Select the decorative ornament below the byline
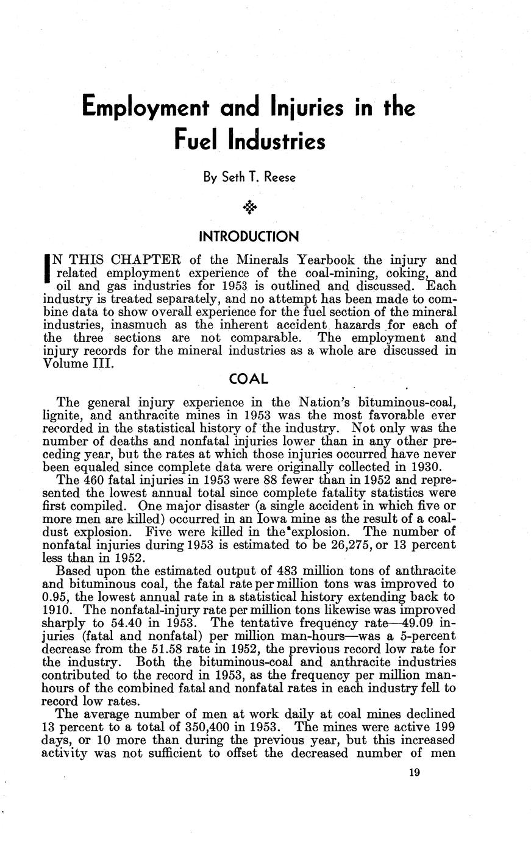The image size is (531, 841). tap(250, 208)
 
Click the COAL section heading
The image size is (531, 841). tap(248, 378)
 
